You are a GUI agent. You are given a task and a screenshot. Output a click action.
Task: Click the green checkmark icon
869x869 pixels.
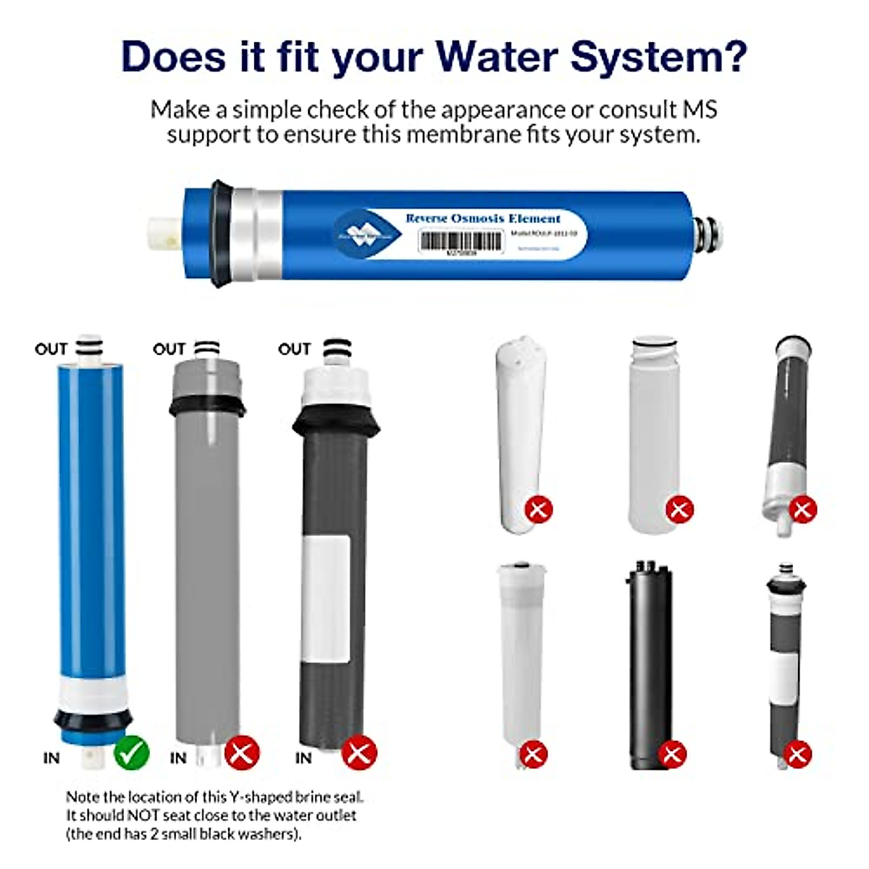click(x=131, y=753)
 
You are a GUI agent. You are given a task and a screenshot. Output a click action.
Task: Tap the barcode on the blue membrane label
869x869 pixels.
click(x=461, y=241)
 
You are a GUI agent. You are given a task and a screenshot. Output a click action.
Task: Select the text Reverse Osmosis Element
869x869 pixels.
click(x=483, y=218)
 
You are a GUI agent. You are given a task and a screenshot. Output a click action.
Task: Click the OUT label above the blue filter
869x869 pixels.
click(x=51, y=349)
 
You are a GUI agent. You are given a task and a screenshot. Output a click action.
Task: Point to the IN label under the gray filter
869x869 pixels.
click(x=178, y=758)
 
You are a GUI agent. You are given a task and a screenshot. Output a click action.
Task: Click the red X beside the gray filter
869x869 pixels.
click(x=242, y=753)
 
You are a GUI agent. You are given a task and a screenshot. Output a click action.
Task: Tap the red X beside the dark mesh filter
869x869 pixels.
click(x=359, y=753)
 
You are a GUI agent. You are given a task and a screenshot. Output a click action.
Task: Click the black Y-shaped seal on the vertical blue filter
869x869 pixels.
click(x=93, y=720)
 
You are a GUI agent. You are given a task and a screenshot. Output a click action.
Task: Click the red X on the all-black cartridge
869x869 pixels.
click(x=672, y=754)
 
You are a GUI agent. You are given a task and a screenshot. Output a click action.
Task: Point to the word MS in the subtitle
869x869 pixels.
click(x=700, y=110)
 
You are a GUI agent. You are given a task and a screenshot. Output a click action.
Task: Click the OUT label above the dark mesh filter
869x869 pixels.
click(x=294, y=349)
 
